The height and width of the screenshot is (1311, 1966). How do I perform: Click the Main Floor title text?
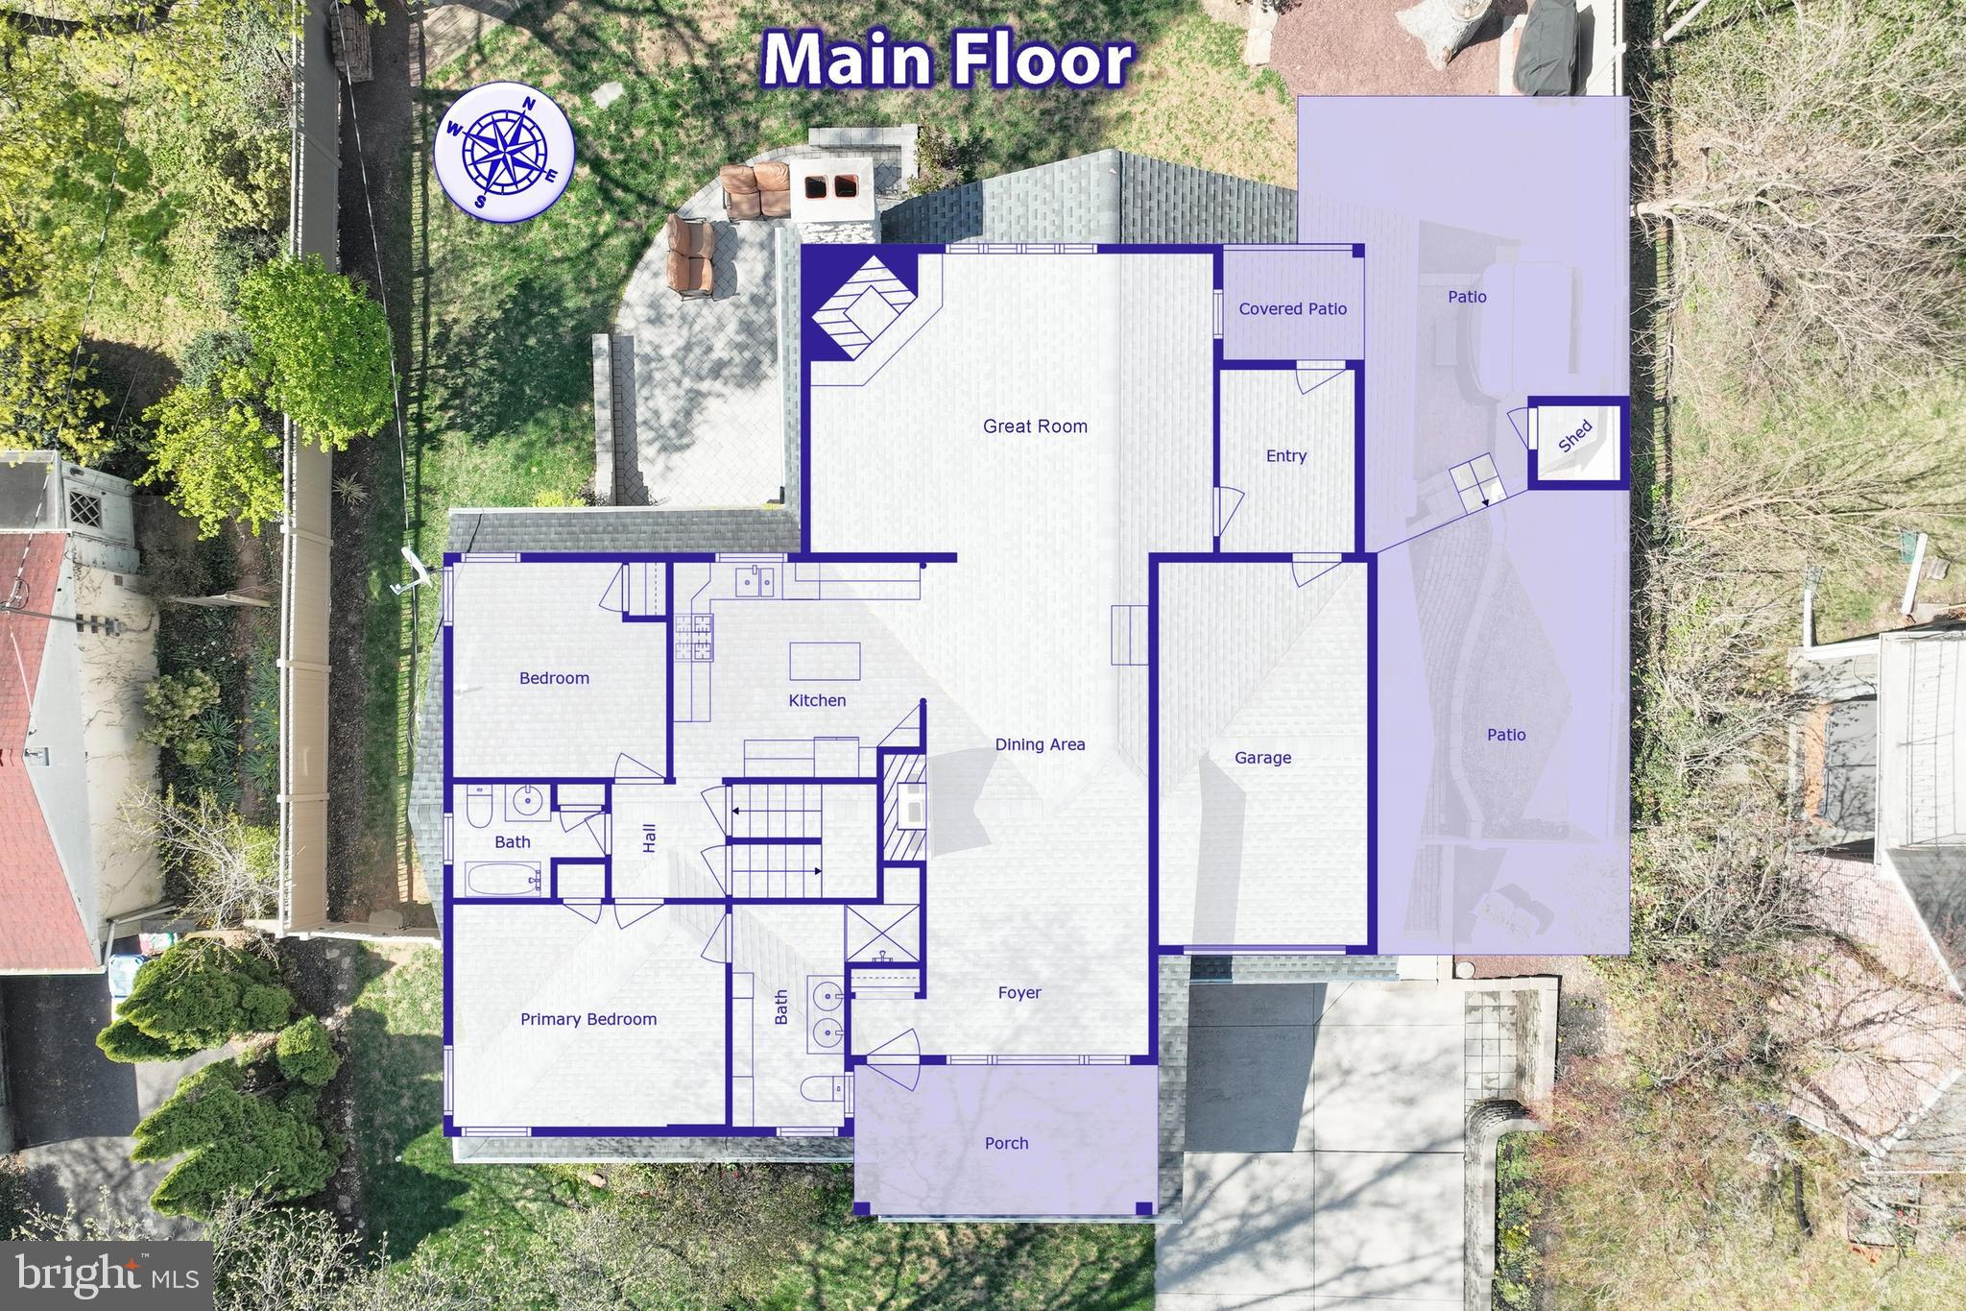[x=948, y=60]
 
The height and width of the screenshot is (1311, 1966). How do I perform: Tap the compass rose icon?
[x=504, y=153]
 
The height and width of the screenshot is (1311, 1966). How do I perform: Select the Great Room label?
[x=1035, y=426]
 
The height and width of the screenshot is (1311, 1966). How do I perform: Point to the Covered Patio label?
[x=1292, y=309]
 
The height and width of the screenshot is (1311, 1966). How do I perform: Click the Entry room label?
[x=1285, y=456]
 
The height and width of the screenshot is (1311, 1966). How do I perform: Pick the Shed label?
[x=1575, y=437]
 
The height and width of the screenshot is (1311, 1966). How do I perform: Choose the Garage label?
[x=1262, y=758]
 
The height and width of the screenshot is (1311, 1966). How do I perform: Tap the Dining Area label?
[x=1040, y=744]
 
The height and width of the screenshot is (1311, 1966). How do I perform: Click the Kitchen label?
[x=817, y=701]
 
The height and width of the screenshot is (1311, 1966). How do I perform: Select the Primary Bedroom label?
[x=588, y=1020]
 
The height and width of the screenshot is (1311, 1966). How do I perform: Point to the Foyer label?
[x=1019, y=993]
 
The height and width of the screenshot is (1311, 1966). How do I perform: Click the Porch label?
[x=1006, y=1144]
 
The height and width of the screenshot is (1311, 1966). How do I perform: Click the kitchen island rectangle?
[x=825, y=661]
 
